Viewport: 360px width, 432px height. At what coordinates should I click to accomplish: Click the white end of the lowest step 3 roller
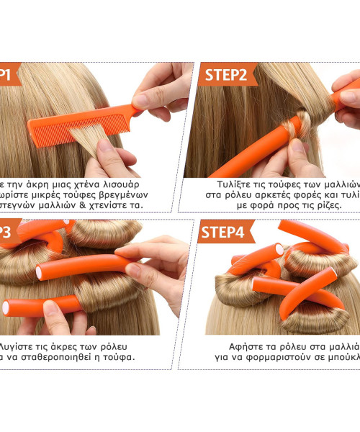click(6, 307)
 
